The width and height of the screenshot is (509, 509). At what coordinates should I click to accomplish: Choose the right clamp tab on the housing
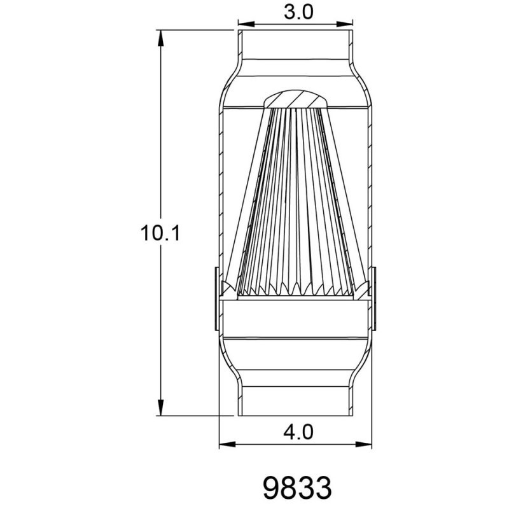(376, 299)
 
